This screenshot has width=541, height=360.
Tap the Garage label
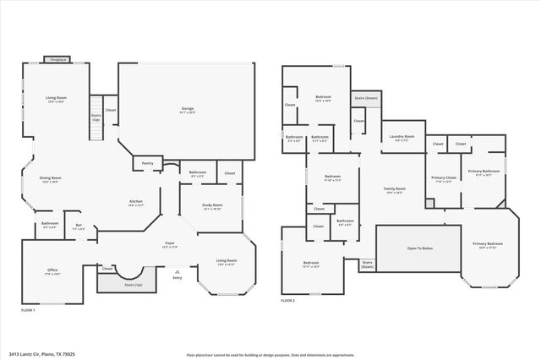188,109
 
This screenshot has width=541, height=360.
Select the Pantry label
147,162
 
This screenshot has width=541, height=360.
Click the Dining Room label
51,178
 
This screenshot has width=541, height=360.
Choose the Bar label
78,226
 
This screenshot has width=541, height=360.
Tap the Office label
52,270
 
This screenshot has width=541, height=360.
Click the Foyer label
169,244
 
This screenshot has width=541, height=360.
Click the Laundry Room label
402,138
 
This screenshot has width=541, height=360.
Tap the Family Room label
395,189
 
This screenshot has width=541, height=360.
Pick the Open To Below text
408,249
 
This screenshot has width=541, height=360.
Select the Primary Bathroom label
484,172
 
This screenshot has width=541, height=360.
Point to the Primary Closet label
443,178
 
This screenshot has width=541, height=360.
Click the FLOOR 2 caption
289,300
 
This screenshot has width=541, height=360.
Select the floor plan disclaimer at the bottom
270,354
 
